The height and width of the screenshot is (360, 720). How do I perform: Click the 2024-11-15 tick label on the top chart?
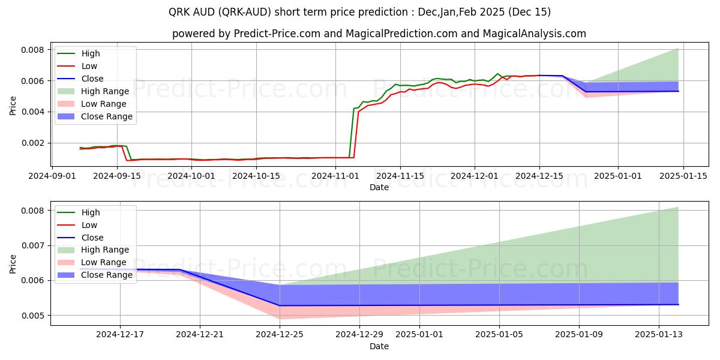(400, 176)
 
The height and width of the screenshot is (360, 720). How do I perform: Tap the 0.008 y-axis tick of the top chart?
(34, 50)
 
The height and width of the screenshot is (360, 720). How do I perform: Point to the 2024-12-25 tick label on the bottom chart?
(280, 335)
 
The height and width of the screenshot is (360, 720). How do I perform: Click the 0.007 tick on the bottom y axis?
(34, 245)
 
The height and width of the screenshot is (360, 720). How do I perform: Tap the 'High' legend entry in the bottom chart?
(91, 212)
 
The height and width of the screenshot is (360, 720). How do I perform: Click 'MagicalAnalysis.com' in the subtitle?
(537, 34)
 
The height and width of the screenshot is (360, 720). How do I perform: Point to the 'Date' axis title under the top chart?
(379, 187)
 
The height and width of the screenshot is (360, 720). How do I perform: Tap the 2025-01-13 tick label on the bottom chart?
(659, 335)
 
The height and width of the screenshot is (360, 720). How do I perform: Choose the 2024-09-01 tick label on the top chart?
(52, 176)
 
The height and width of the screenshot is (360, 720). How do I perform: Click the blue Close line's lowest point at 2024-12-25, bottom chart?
(280, 305)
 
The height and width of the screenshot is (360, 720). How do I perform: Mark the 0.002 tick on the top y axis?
(34, 143)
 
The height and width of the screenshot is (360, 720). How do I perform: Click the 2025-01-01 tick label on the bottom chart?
(419, 335)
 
